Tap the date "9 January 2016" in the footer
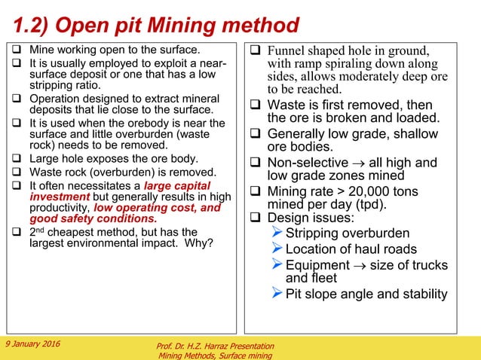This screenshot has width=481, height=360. [x=36, y=344]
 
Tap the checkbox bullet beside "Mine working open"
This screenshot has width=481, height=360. [x=16, y=51]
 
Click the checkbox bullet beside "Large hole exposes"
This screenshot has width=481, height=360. [x=16, y=159]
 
